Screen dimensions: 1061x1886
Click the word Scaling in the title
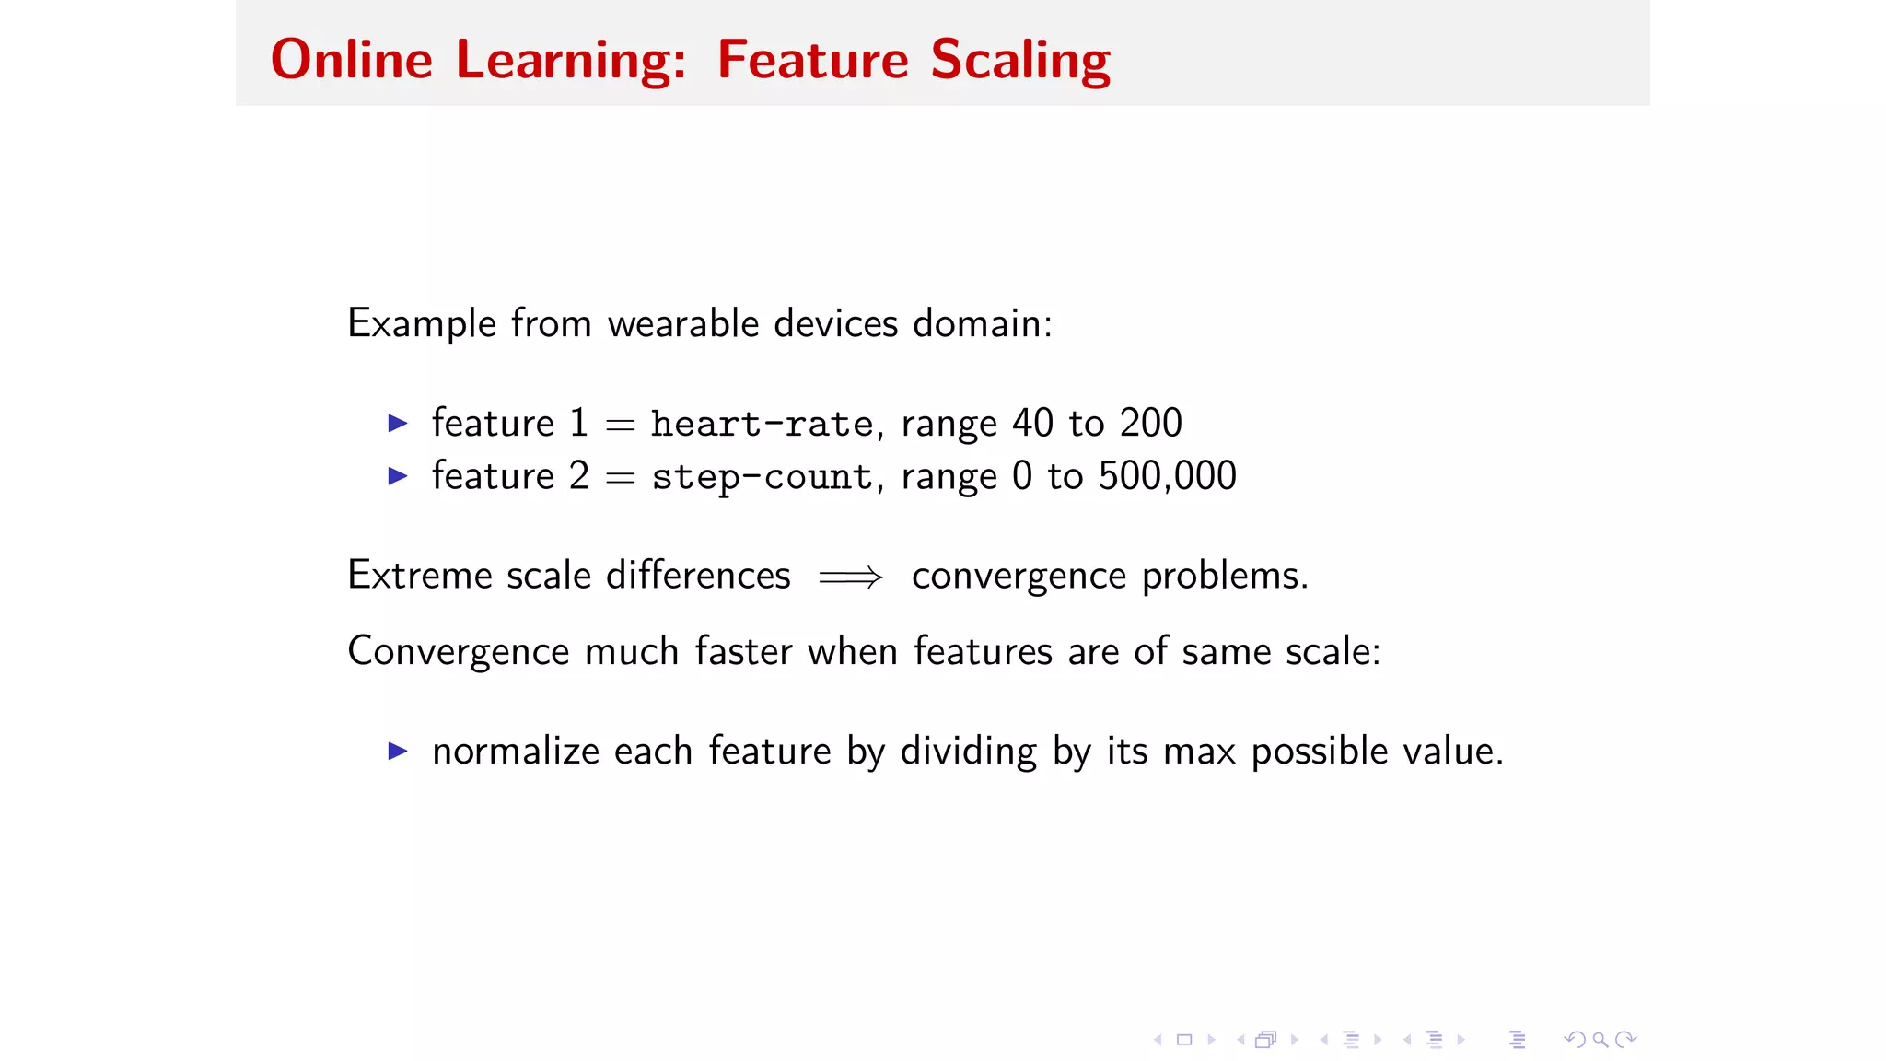1019,61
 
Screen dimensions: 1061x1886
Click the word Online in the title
351,61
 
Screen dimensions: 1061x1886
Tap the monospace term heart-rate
762,425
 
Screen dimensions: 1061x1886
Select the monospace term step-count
762,477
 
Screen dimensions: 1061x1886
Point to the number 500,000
1167,476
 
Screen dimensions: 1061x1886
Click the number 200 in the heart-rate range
1150,423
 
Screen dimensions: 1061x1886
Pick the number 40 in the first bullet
1032,423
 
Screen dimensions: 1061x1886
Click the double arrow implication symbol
850,577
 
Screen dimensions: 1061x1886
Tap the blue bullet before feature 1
398,424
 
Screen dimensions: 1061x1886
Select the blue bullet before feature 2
398,476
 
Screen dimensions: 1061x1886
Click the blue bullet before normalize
398,751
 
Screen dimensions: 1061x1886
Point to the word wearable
682,323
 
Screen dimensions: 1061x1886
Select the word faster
743,651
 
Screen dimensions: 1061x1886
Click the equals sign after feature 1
620,425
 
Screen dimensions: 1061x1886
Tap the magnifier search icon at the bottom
1601,1040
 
